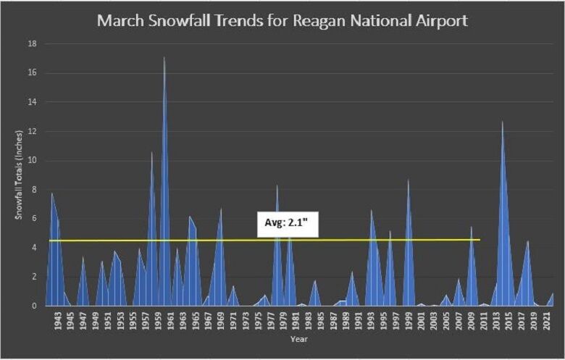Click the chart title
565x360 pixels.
click(x=282, y=20)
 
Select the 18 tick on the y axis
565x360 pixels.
click(x=32, y=44)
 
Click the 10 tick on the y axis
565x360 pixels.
click(x=32, y=161)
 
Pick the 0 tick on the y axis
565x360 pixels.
click(x=33, y=306)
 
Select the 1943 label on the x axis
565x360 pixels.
click(x=58, y=321)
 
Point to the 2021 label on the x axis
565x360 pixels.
click(x=548, y=321)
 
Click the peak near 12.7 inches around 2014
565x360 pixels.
click(x=503, y=122)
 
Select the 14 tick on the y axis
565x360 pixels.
click(x=32, y=102)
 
